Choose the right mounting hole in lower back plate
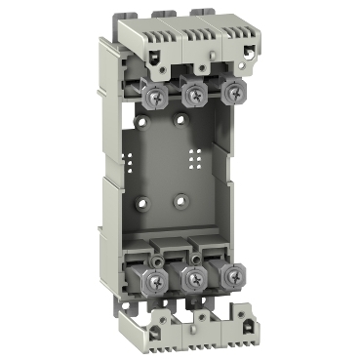[180, 203]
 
